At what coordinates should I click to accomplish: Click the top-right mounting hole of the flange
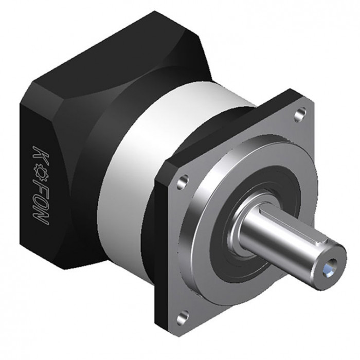[x=300, y=114]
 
